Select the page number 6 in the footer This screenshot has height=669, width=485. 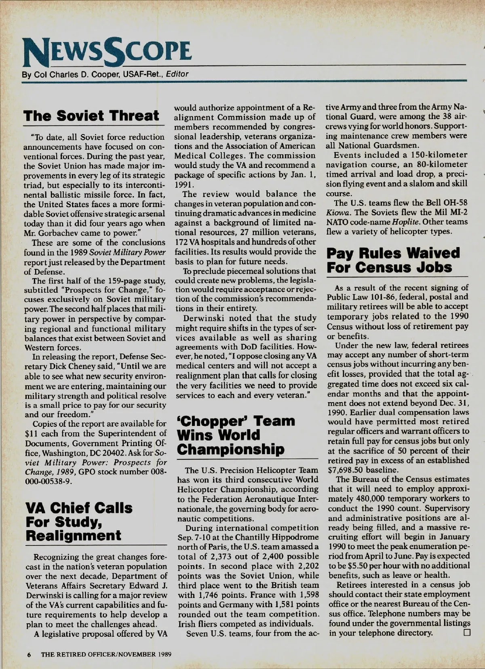click(x=30, y=654)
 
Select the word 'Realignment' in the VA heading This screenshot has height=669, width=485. click(x=73, y=535)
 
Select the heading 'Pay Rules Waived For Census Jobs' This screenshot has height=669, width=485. click(x=394, y=260)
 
